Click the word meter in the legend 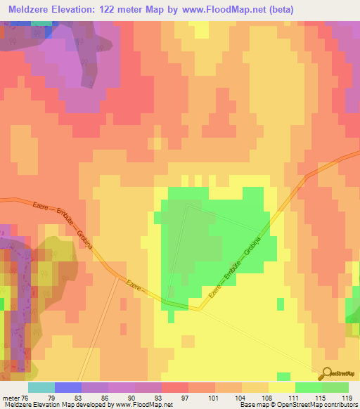click(8, 397)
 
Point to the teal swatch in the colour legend click(41, 387)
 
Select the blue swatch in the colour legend click(67, 387)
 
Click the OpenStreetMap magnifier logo click(328, 373)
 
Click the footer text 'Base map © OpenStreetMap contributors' click(297, 405)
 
